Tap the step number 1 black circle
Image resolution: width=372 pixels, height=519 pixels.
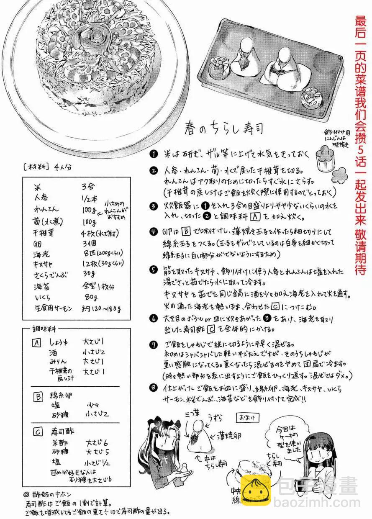click(154, 154)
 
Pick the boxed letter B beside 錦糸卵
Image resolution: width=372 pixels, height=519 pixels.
click(36, 395)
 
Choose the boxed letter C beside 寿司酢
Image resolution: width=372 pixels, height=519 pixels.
click(36, 431)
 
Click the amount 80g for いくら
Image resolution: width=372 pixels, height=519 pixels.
click(90, 298)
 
